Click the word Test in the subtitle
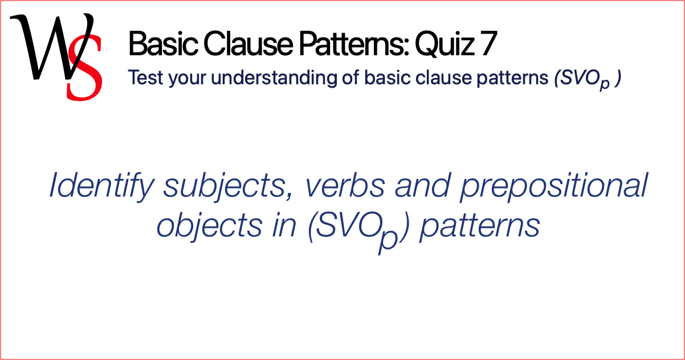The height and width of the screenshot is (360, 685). click(142, 78)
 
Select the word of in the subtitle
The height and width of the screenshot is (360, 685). click(354, 78)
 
